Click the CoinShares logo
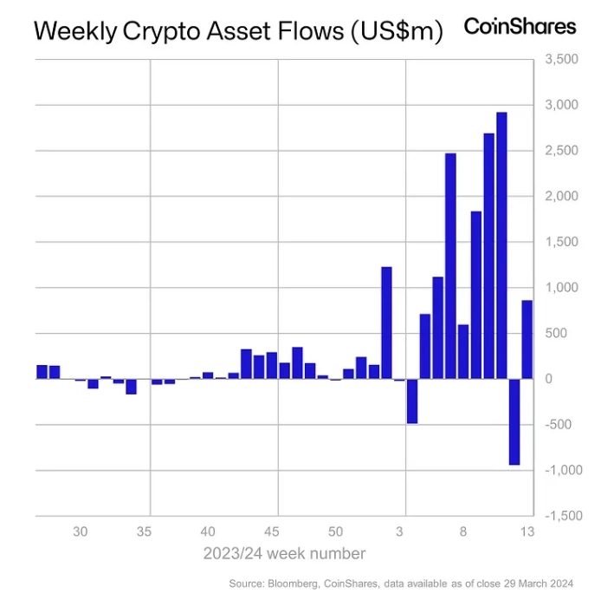(520, 27)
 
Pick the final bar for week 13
(527, 339)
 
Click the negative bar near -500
(412, 401)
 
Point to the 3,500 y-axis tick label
(562, 60)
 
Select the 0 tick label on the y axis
(549, 379)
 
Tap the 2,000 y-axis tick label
(562, 197)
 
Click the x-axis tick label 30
(81, 532)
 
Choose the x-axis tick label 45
(272, 532)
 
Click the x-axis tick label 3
(400, 532)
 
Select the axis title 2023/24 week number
(284, 553)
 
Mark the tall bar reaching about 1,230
(387, 323)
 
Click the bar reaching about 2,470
(450, 265)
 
